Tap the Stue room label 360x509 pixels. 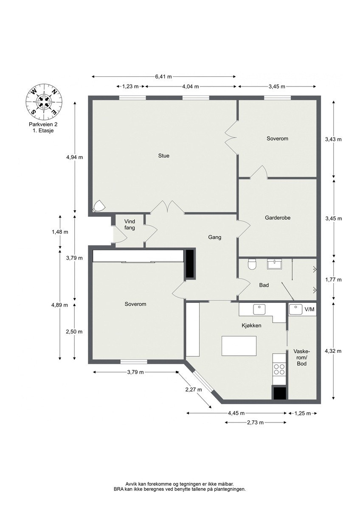164,156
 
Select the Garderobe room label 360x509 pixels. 277,218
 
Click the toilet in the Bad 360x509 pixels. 252,265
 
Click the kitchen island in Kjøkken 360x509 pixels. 239,346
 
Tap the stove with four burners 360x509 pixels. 279,369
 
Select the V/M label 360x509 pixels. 310,310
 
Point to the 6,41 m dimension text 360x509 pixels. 163,77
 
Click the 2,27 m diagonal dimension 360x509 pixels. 193,389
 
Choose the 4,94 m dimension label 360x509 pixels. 74,157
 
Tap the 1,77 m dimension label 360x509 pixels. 333,280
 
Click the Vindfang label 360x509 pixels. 129,224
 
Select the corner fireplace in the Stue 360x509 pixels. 99,206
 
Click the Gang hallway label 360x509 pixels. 214,237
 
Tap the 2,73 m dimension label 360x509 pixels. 255,422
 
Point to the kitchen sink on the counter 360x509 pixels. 259,309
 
